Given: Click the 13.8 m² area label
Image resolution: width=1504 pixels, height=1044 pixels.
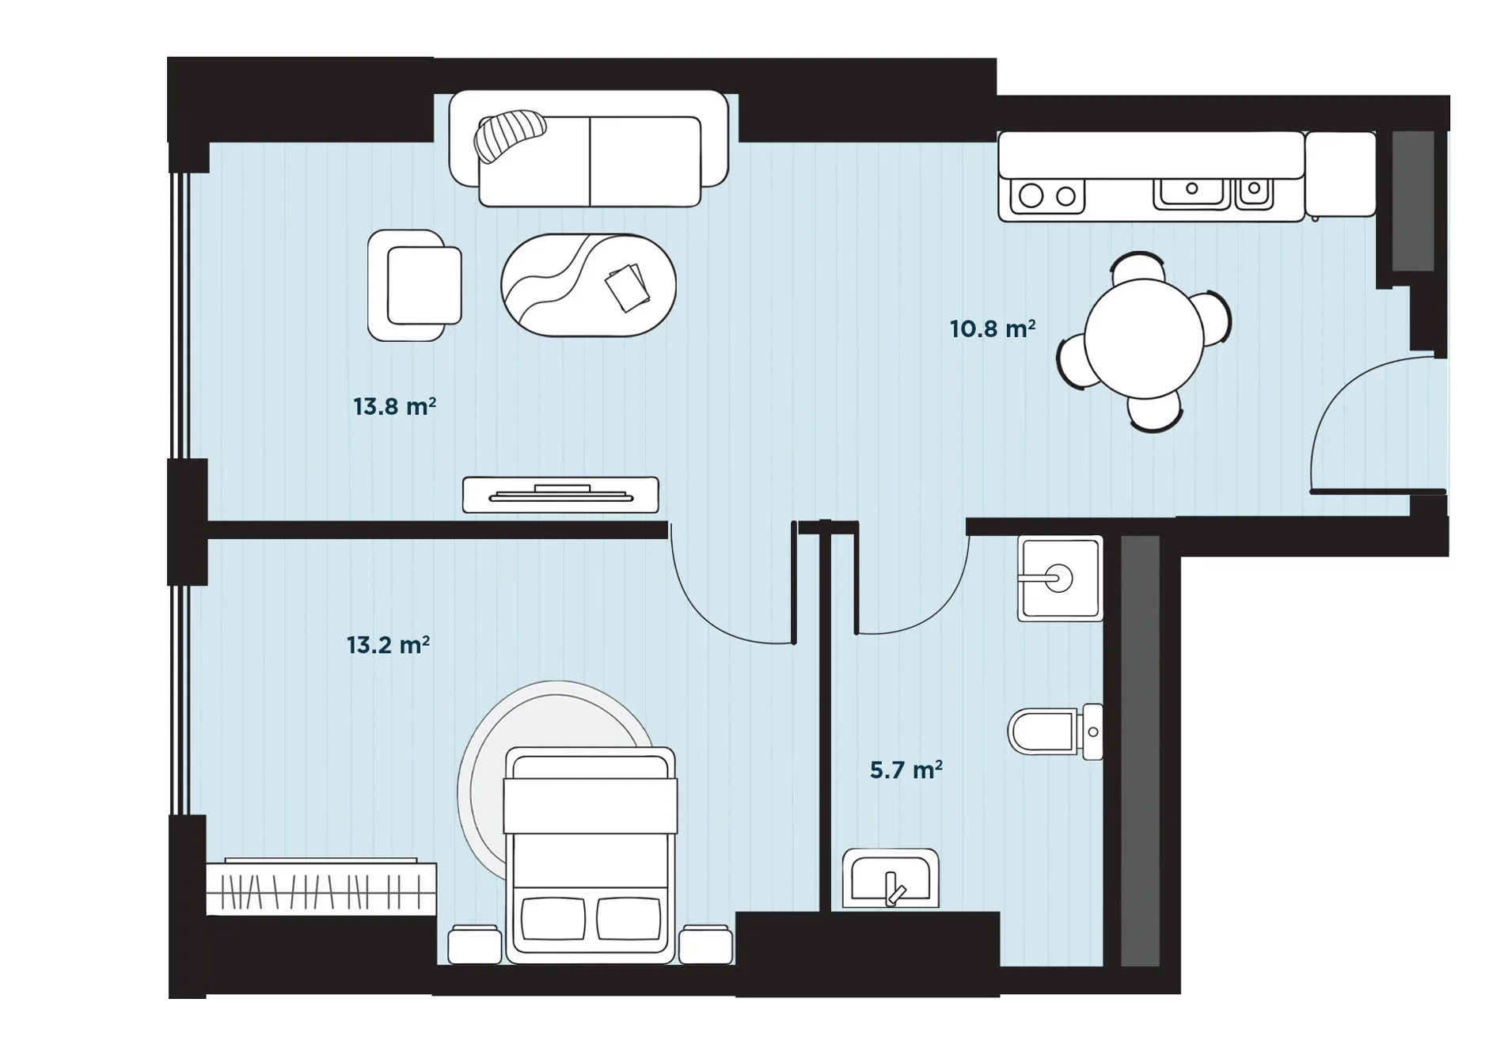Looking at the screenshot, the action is [394, 407].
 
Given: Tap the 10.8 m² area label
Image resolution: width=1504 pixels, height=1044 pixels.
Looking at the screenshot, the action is [993, 328].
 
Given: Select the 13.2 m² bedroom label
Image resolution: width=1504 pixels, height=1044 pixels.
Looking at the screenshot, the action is [388, 645].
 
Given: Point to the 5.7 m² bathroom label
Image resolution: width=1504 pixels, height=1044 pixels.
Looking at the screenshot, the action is [906, 770].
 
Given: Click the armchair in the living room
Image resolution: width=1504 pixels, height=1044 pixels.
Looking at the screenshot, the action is [415, 286].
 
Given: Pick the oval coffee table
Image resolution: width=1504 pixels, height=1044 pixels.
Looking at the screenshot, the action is [588, 285].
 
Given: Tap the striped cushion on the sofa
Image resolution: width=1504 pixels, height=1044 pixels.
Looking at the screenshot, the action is [510, 135].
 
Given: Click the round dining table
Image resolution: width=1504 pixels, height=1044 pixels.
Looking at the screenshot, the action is [1144, 339].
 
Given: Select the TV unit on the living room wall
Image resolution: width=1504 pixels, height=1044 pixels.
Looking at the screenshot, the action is [560, 495].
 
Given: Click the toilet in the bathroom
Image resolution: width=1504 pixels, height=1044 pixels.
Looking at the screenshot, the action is [1055, 731].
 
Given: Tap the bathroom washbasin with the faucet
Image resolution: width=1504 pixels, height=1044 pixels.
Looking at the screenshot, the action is [891, 879].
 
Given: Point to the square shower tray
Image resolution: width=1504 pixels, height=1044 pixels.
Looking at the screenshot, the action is [1060, 579].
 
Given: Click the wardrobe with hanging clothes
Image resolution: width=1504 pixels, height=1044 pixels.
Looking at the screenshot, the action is [321, 888].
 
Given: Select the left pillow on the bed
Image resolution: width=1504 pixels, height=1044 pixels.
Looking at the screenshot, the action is [553, 918].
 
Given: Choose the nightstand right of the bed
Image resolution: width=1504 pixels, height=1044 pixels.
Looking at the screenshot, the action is [705, 944].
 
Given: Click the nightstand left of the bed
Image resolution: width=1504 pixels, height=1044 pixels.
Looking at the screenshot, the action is [475, 944].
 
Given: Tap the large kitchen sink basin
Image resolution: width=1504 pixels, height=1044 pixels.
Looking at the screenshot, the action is [1191, 192].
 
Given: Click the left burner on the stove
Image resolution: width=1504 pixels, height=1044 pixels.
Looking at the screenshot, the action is [1031, 196].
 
